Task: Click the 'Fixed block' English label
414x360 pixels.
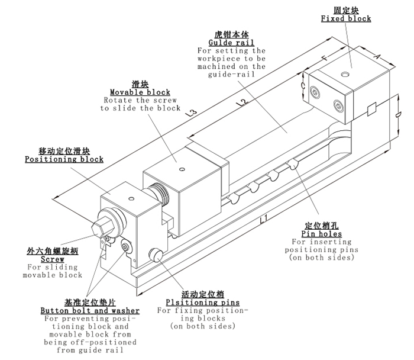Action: pos(346,19)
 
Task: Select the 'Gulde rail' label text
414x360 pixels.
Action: pos(231,43)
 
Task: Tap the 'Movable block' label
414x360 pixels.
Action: pos(140,92)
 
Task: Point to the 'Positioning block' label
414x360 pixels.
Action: pos(64,159)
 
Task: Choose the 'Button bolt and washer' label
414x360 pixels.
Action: pos(90,310)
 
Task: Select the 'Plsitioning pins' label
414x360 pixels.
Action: pos(203,302)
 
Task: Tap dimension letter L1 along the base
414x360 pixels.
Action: pos(264,221)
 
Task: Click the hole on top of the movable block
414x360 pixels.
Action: pos(182,169)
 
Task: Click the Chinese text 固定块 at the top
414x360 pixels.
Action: pos(346,10)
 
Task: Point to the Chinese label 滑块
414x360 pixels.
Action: pos(140,83)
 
